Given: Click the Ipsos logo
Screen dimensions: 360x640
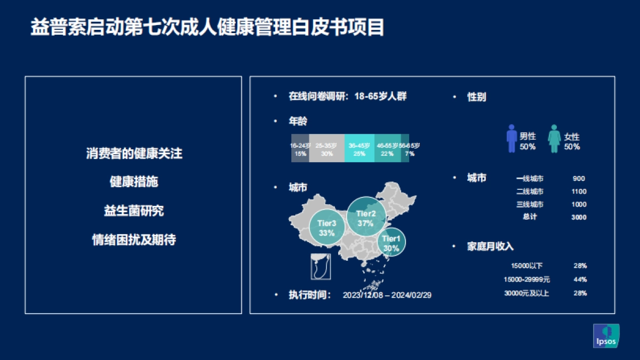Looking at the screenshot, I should point(606,336).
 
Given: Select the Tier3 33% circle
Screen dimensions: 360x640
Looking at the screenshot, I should point(326,228).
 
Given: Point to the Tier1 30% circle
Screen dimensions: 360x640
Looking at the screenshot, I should point(391,243).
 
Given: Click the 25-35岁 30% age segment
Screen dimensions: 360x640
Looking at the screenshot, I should point(326,149).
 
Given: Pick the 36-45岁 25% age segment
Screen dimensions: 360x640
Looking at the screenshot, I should point(359,149).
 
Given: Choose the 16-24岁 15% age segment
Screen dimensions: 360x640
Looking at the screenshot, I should point(300,149).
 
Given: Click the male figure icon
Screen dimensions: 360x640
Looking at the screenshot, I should point(512,139).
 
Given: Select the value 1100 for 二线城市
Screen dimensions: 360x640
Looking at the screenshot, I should point(579,191).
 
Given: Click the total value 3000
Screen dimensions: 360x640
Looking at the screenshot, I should point(579,217).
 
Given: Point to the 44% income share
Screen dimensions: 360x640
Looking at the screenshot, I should point(580,279).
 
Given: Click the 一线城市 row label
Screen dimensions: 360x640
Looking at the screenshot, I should point(530,179).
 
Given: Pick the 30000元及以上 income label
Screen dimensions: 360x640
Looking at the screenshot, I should point(526,293).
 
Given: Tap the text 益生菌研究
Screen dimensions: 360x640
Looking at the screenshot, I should point(134,211).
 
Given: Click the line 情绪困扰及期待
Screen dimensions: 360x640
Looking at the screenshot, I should point(134,240).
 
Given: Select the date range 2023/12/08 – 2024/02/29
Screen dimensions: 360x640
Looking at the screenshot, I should point(387,295).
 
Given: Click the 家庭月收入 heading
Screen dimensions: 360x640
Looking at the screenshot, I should point(490,246).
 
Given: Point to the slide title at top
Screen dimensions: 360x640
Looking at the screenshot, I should point(207,28).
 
